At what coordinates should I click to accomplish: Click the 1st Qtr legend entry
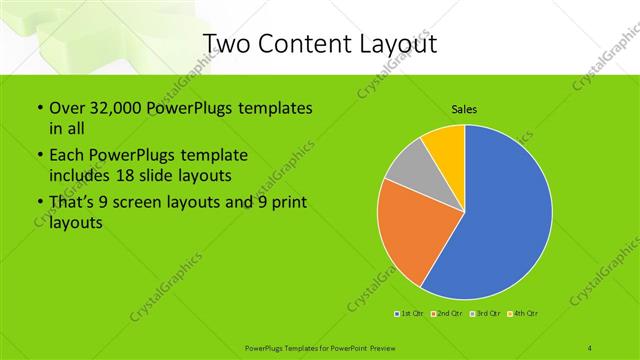410,314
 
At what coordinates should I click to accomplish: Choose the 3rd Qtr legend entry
484,314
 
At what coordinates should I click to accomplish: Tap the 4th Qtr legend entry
522,314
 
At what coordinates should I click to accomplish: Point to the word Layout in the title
395,43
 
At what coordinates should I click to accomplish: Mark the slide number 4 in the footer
589,348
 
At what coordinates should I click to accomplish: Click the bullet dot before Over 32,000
39,108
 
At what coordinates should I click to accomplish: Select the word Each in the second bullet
67,156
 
